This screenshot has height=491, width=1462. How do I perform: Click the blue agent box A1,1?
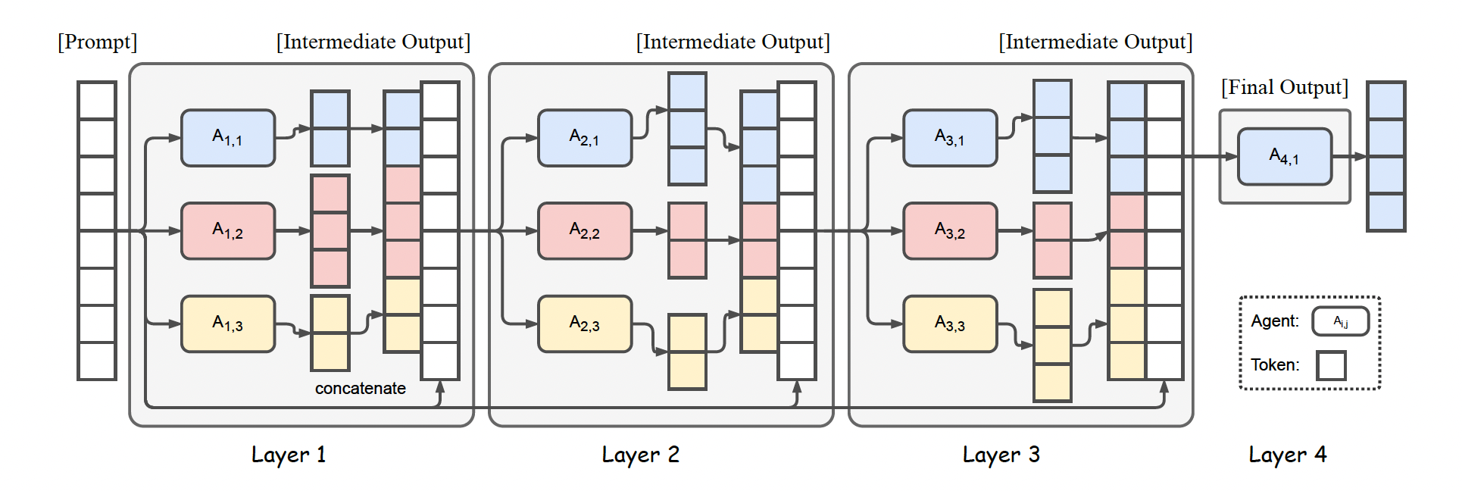[227, 138]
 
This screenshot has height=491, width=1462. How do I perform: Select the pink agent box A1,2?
[227, 231]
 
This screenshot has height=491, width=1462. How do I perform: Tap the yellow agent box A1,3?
[227, 324]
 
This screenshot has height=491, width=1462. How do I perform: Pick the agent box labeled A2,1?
[584, 138]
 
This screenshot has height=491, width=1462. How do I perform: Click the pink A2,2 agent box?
[584, 231]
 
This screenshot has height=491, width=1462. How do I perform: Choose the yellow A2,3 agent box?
[584, 324]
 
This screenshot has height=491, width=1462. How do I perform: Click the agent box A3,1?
[949, 138]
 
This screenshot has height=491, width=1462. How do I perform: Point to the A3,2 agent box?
[949, 231]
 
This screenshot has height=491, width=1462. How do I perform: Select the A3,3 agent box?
[949, 324]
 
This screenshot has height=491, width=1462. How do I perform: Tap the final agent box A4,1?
[1284, 157]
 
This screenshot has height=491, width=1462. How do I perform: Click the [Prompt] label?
[98, 42]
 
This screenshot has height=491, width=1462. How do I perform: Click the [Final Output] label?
[1284, 88]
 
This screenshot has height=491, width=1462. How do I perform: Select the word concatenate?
[360, 389]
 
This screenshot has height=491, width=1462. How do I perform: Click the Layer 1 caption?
[288, 455]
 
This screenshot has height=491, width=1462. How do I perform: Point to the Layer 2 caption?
[640, 455]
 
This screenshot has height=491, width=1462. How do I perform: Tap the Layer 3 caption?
[1001, 455]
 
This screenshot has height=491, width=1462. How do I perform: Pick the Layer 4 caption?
[1287, 455]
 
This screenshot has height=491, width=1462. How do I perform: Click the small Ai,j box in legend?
[1340, 321]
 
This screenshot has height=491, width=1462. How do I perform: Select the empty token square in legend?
[1331, 365]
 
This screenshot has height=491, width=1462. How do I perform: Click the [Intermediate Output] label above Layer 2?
[733, 42]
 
